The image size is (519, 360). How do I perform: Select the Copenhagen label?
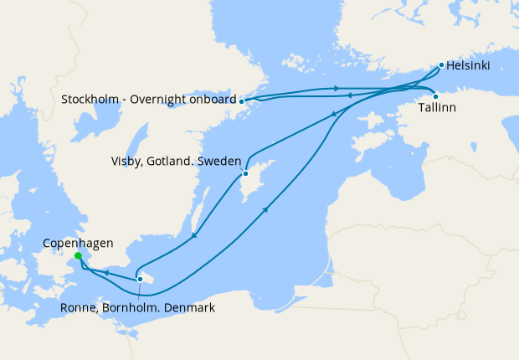tap(78, 243)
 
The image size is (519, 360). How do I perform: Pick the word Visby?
tap(126, 161)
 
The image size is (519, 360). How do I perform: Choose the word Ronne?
tap(79, 307)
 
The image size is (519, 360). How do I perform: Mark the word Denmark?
tap(189, 307)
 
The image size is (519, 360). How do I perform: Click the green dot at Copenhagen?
tap(77, 256)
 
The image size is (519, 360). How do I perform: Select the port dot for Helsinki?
tap(441, 64)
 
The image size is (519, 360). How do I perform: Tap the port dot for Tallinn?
tap(435, 95)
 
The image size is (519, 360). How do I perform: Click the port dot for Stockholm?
tap(242, 100)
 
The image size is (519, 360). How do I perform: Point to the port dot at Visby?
tap(245, 174)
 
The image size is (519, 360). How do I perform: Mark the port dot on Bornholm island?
tap(140, 279)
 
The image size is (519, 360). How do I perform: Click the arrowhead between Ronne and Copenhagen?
tap(106, 272)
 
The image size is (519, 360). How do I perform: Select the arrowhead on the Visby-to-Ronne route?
tap(194, 235)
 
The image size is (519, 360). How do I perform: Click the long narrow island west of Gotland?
tap(201, 201)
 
